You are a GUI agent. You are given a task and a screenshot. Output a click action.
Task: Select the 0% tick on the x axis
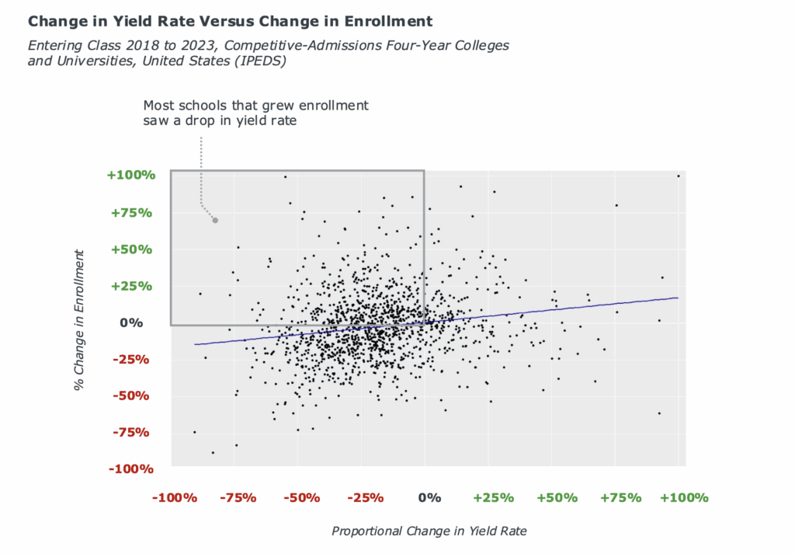pos(429,497)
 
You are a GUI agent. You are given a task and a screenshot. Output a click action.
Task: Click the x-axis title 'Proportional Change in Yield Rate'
pos(429,531)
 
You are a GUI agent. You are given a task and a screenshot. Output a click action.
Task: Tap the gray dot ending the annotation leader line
pos(215,221)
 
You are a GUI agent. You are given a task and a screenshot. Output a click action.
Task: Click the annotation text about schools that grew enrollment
pos(256,113)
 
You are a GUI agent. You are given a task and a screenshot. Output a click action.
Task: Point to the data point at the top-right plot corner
pos(678,176)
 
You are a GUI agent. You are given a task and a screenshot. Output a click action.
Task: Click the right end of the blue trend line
pos(677,298)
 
